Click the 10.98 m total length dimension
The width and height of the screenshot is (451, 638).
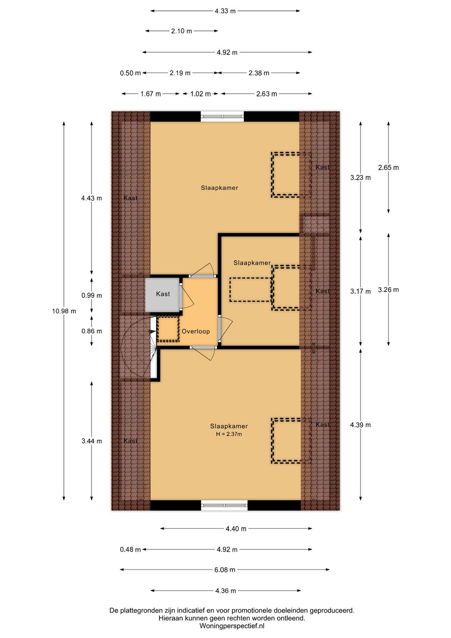coord(64,311)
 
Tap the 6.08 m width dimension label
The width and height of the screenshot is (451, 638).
coord(225,569)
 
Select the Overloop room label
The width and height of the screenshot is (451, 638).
coord(196,331)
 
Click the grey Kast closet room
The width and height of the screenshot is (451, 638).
coord(162,294)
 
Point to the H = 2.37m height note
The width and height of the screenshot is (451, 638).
coord(229,434)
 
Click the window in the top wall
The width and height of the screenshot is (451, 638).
coord(223,116)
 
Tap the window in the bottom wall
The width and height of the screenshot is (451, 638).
coord(224,505)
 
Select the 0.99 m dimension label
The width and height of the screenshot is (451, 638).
coord(91,295)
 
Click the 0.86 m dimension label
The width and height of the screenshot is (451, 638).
coord(91,331)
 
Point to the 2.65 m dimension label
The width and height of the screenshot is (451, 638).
coord(388,168)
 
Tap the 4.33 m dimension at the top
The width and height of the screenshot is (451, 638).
coord(225,11)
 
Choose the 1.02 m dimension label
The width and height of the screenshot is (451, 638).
coord(200,94)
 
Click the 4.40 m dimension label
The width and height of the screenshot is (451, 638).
coord(236,528)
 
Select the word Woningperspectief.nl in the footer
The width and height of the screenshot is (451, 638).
coord(232,626)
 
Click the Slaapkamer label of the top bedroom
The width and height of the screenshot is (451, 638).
coord(219,188)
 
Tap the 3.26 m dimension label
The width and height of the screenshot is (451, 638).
coord(388,290)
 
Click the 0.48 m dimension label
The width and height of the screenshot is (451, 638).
coord(130,549)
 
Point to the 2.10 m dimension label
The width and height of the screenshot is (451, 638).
coord(182,31)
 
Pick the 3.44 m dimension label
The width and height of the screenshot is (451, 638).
coord(91,441)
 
